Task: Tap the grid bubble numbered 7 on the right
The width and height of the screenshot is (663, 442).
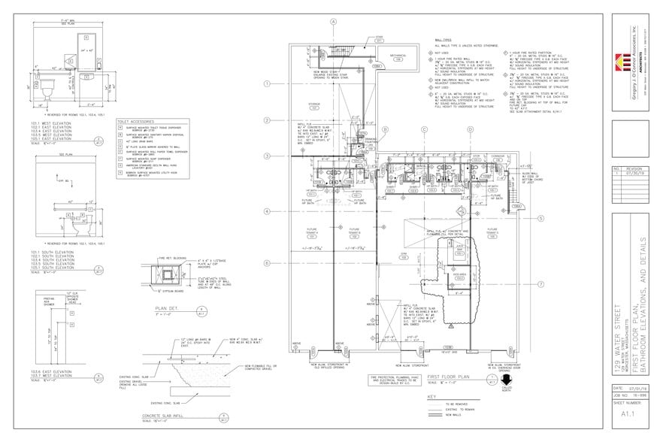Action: coord(540,283)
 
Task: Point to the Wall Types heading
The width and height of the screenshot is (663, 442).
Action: coord(443,39)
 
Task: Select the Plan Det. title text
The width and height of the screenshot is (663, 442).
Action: coord(166,308)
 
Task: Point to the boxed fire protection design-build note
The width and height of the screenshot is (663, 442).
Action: coord(394,380)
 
